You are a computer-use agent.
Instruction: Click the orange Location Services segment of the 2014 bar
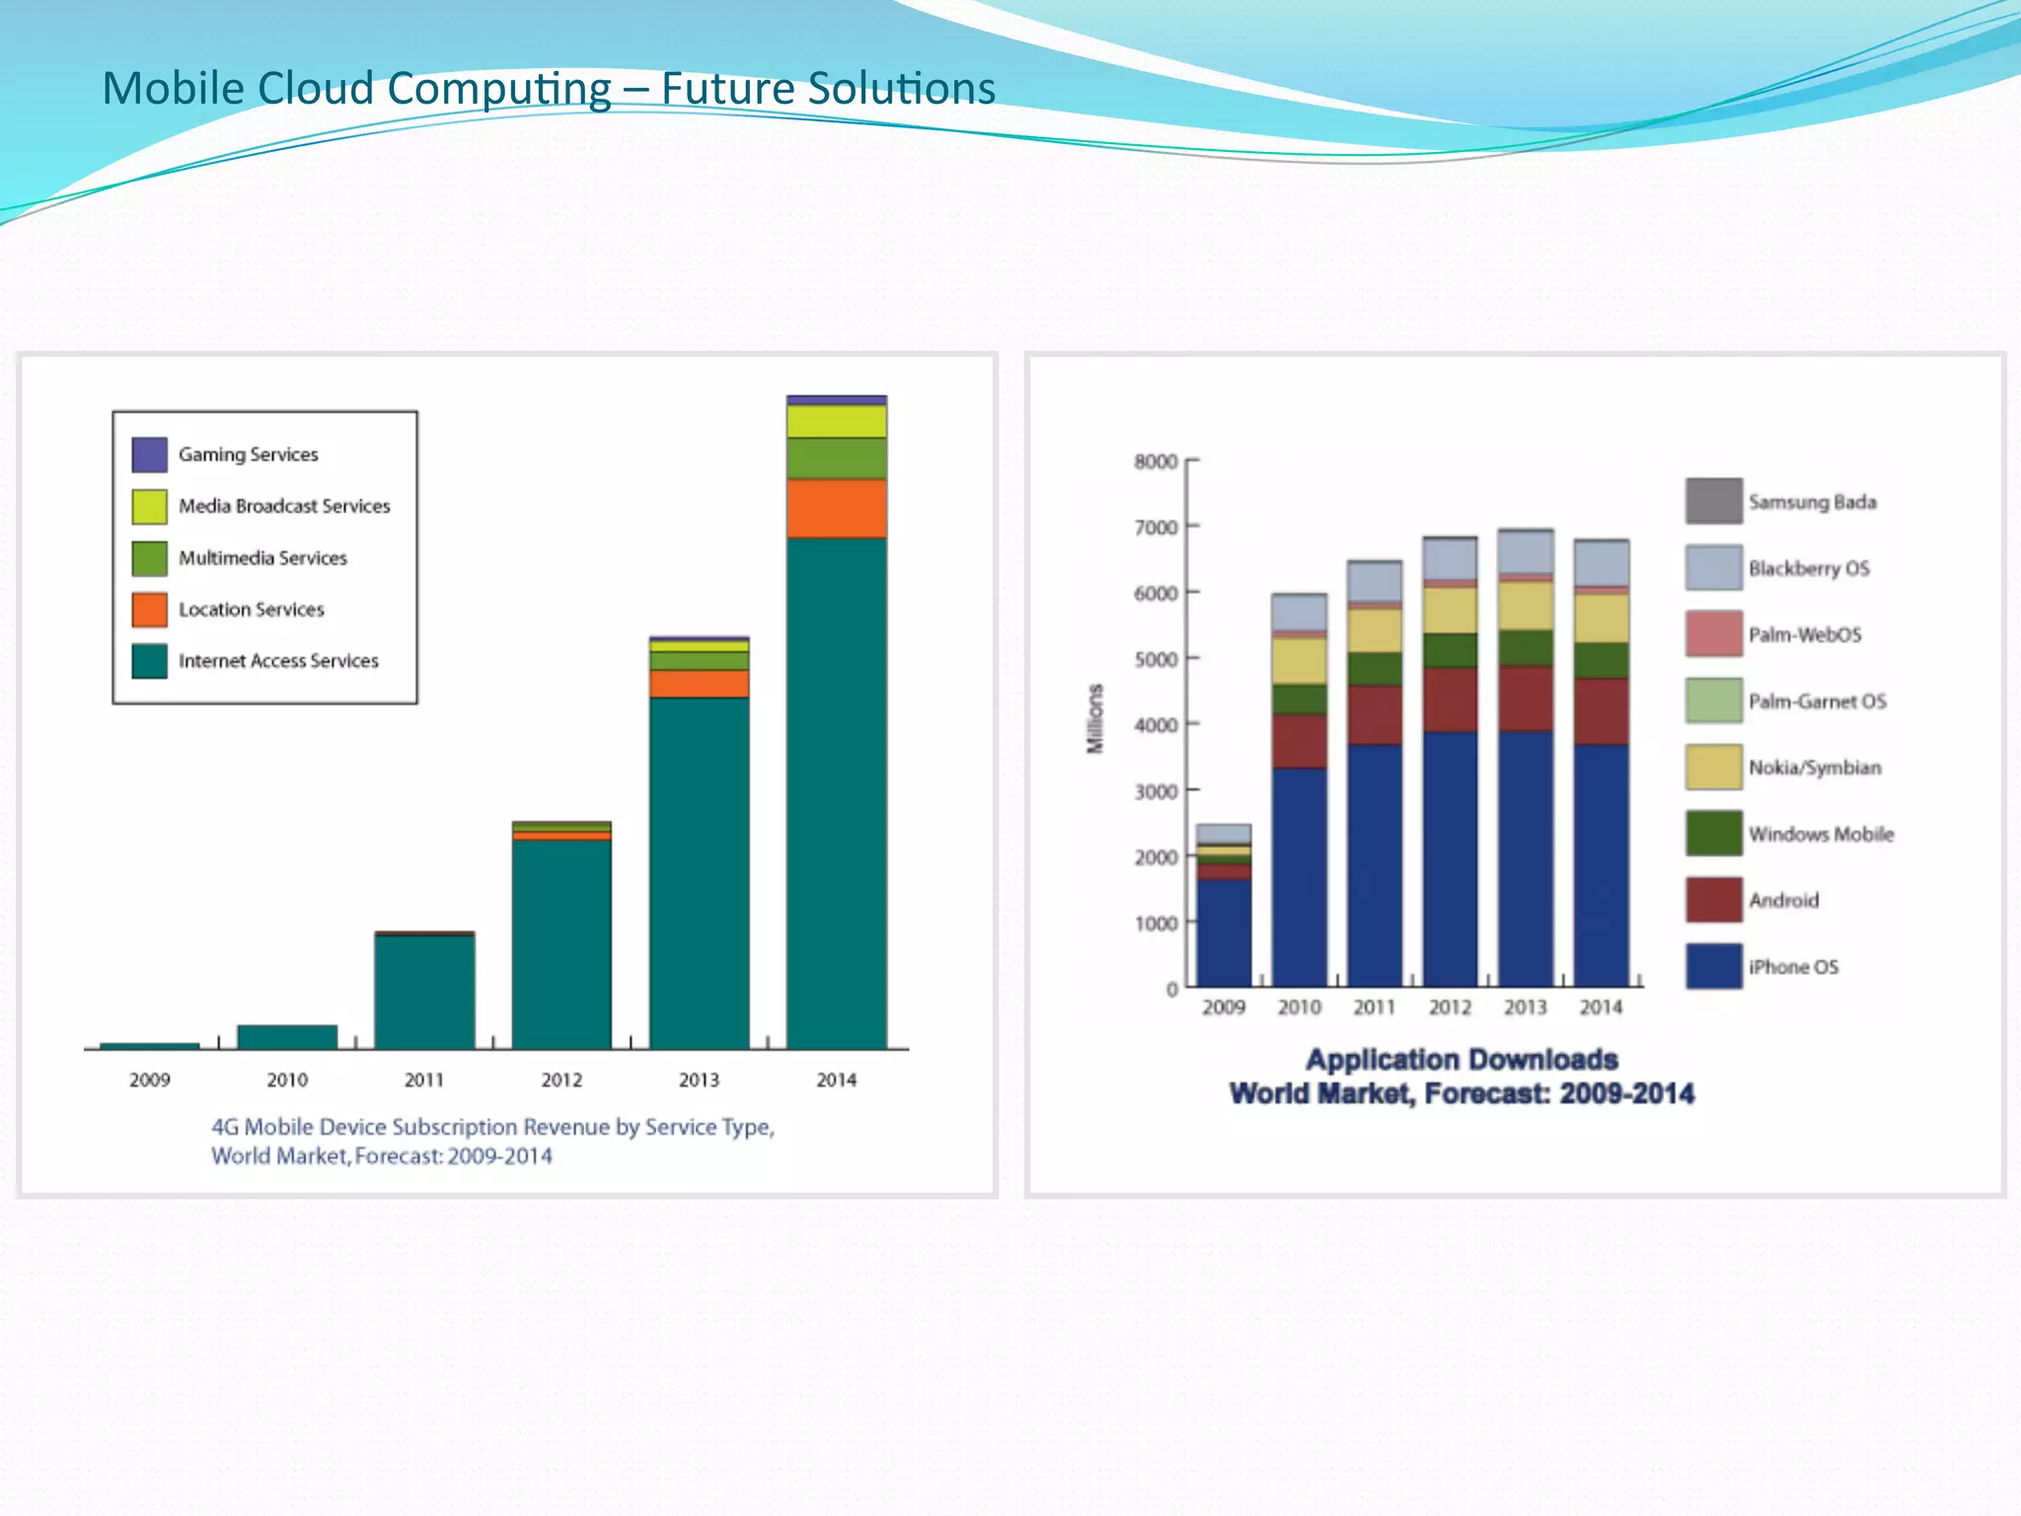click(x=836, y=508)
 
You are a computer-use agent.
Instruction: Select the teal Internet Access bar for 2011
click(x=424, y=991)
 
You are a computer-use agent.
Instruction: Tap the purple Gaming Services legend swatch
click(x=150, y=455)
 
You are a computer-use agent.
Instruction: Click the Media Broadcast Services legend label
click(x=284, y=506)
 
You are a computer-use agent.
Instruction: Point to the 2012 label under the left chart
click(x=561, y=1080)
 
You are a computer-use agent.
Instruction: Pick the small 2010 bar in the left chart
click(x=287, y=1036)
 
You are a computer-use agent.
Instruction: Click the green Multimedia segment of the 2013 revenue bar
click(x=699, y=660)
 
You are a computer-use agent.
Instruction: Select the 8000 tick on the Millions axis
click(x=1156, y=462)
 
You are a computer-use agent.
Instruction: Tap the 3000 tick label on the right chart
click(x=1156, y=792)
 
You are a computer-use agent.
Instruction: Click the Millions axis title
click(x=1094, y=719)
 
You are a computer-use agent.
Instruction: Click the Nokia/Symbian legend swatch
click(x=1713, y=768)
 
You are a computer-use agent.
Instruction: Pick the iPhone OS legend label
click(x=1793, y=967)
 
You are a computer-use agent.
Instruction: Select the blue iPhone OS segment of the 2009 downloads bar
click(x=1224, y=933)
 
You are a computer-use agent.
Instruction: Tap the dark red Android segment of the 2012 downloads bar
click(x=1450, y=700)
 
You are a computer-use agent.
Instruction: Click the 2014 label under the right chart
click(x=1600, y=1008)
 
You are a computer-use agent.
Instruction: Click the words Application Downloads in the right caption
click(x=1461, y=1060)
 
